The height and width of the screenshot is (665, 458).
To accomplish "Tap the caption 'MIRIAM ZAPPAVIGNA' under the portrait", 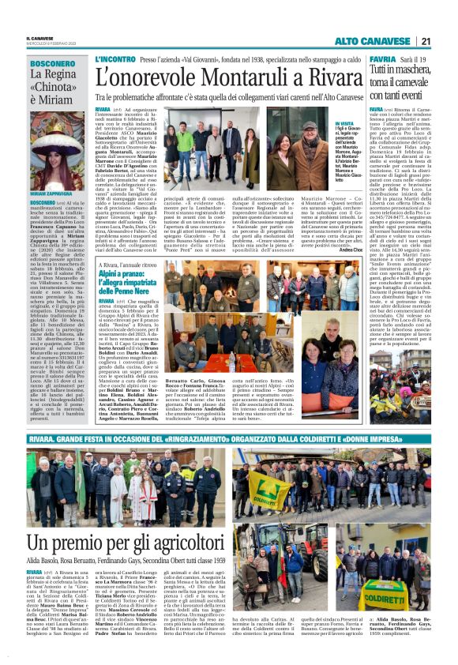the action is click(x=50, y=193).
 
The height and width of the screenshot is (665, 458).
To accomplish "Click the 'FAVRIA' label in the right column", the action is click(x=381, y=59).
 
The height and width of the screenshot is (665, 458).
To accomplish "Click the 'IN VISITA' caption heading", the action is click(x=322, y=124).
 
